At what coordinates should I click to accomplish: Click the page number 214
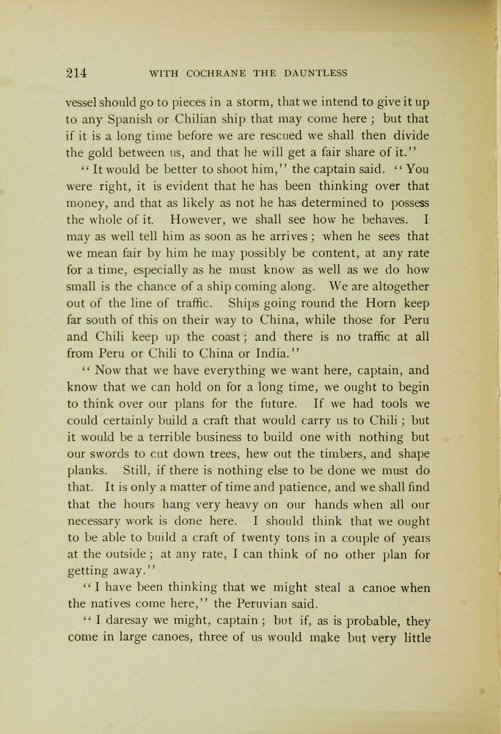point(77,73)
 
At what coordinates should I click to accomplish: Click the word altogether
point(390,286)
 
